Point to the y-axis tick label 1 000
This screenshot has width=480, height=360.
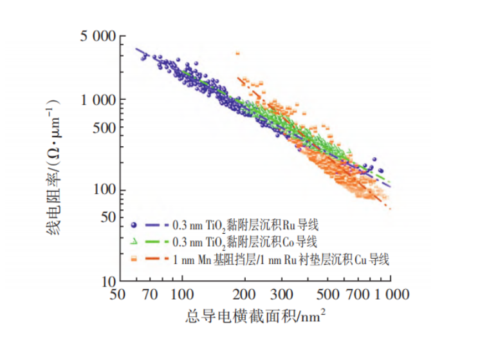click(x=97, y=99)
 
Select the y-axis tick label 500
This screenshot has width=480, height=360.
click(x=101, y=127)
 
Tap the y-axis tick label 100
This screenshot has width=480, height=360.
click(x=101, y=191)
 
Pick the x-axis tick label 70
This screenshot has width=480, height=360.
click(x=150, y=296)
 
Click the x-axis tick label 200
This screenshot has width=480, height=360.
click(x=245, y=296)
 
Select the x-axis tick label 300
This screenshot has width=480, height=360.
click(x=281, y=296)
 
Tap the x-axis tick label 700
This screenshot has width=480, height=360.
click(x=358, y=296)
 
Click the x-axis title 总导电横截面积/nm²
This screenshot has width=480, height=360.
click(x=254, y=317)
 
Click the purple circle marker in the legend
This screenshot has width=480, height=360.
click(x=133, y=225)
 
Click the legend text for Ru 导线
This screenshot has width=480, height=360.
click(x=245, y=225)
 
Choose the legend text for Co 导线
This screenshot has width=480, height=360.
click(x=244, y=242)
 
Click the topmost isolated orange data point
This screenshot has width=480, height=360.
click(x=237, y=53)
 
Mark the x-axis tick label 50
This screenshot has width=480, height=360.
click(x=118, y=296)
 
